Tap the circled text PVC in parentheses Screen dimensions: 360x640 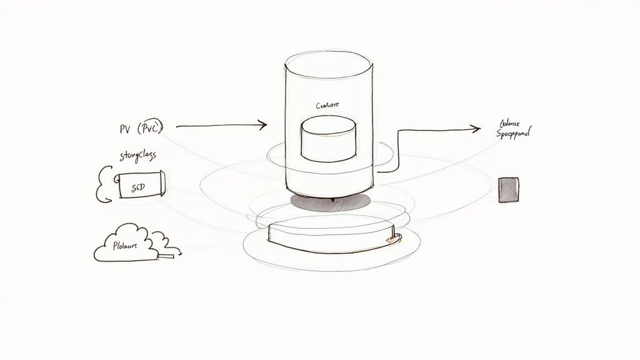click(x=149, y=129)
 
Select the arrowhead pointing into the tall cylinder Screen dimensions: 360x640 click(x=262, y=126)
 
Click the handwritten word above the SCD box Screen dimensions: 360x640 click(x=138, y=155)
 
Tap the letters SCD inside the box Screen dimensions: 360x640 click(x=137, y=186)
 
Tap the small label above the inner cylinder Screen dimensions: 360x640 click(x=327, y=106)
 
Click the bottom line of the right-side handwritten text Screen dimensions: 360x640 click(x=513, y=133)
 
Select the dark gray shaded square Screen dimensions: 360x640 click(x=508, y=189)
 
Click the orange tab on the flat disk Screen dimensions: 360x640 click(x=391, y=238)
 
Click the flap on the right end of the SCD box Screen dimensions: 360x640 click(x=161, y=185)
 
